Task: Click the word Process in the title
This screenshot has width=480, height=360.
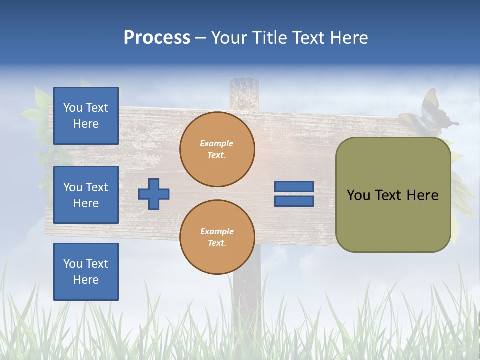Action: click(x=157, y=38)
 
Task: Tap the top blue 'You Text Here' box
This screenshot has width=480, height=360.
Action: click(x=86, y=116)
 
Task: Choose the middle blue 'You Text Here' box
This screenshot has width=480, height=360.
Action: click(x=86, y=195)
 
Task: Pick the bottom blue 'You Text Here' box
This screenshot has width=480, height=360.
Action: click(x=86, y=272)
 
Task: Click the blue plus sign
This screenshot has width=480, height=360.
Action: click(x=154, y=194)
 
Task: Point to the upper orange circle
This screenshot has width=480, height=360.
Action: click(x=217, y=149)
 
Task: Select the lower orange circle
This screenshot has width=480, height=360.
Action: click(x=217, y=237)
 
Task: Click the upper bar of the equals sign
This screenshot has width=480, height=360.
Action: click(x=294, y=187)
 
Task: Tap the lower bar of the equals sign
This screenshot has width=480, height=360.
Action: click(x=294, y=201)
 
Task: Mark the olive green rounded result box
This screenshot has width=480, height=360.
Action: click(x=393, y=195)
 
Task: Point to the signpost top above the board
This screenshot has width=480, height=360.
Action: click(x=244, y=93)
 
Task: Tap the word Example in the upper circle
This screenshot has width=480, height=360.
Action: click(x=217, y=144)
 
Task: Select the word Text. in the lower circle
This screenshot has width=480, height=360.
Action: click(x=217, y=243)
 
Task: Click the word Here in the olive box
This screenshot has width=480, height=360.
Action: click(x=422, y=195)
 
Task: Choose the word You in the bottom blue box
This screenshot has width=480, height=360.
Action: click(x=73, y=264)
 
